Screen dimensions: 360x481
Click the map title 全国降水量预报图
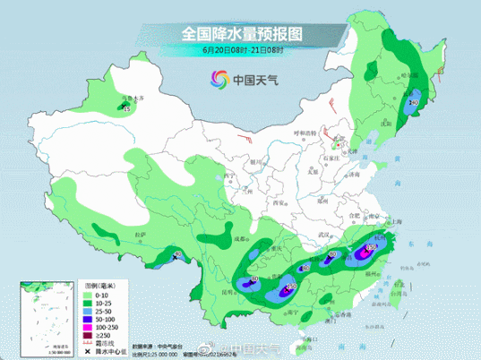pyautogui.click(x=241, y=32)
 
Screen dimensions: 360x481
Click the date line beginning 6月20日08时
pyautogui.click(x=240, y=52)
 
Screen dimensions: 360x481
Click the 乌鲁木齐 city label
pyautogui.click(x=132, y=96)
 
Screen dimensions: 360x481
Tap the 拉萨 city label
pyautogui.click(x=140, y=235)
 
